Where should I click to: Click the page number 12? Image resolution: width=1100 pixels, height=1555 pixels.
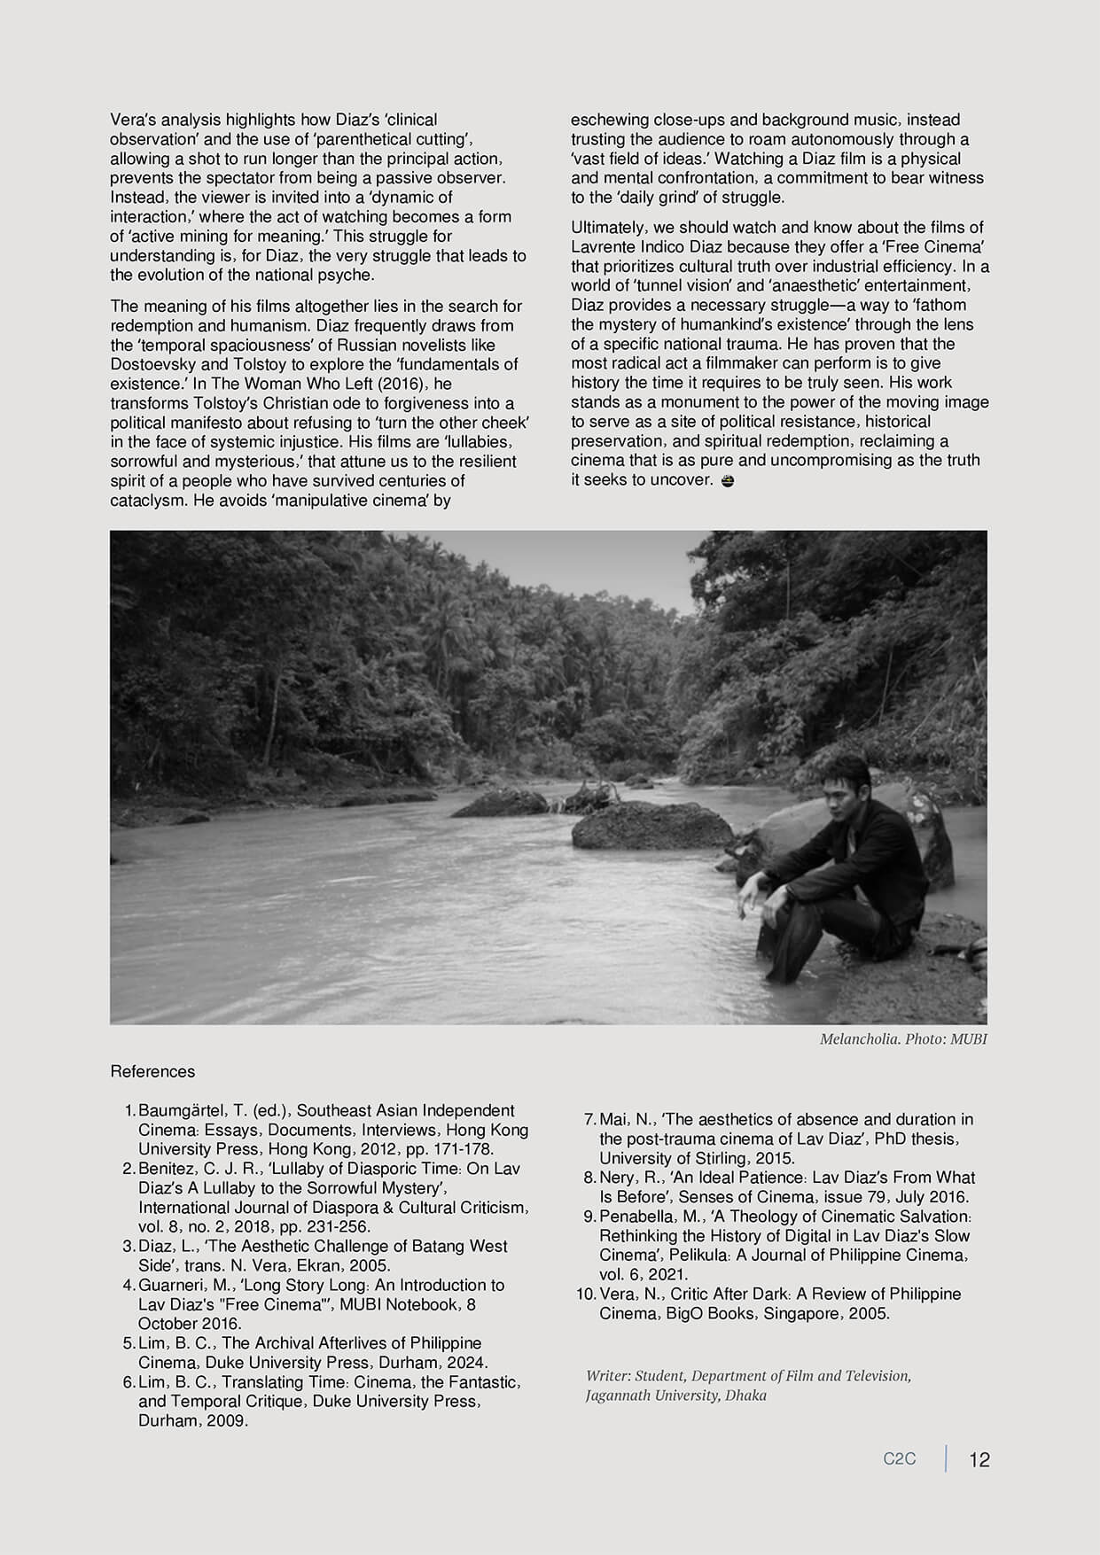[x=979, y=1459]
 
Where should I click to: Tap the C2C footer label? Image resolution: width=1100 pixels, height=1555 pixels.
[x=899, y=1458]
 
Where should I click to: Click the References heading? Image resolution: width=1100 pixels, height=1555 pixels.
[x=152, y=1071]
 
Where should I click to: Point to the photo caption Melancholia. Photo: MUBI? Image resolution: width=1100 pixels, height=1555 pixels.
[x=902, y=1038]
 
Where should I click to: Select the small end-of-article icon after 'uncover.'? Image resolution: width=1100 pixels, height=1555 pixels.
[x=728, y=480]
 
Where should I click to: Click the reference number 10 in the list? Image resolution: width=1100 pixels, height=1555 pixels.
[x=585, y=1294]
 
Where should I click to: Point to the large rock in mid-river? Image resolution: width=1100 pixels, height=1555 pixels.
[x=649, y=825]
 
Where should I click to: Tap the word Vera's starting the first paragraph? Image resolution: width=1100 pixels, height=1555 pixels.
[x=132, y=120]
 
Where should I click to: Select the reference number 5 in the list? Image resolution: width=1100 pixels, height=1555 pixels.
[x=129, y=1343]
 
